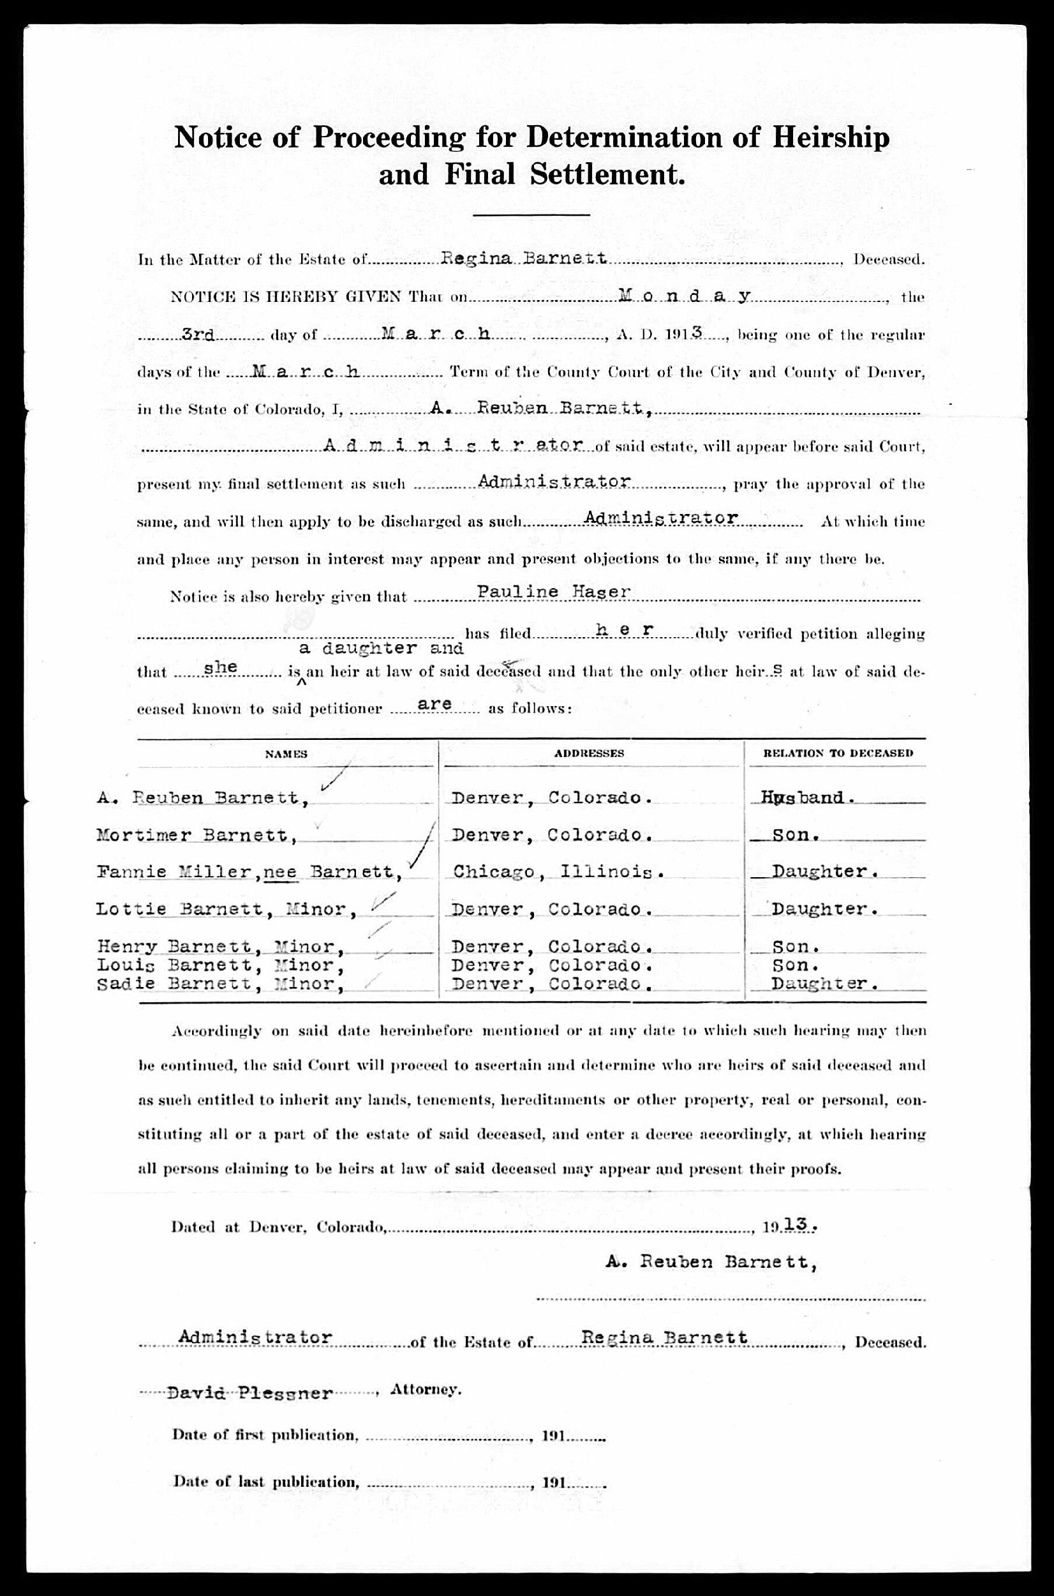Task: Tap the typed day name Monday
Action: tap(683, 296)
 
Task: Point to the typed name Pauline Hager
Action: tap(554, 592)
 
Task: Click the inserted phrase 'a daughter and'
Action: tap(381, 649)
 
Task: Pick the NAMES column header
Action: tap(286, 754)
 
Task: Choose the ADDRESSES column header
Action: tap(589, 753)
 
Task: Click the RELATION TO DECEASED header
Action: tap(838, 753)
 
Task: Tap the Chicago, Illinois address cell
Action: tap(559, 872)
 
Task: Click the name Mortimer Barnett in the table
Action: tap(197, 835)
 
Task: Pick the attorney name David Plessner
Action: tap(249, 1393)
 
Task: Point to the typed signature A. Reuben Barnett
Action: tap(711, 1262)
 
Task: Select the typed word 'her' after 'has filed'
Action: tap(625, 629)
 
